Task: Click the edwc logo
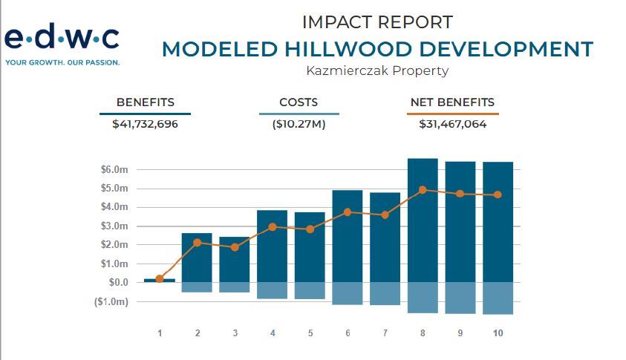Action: (62, 38)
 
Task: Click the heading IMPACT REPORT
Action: (378, 22)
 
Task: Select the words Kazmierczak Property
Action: (377, 71)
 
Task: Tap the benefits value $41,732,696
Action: (145, 124)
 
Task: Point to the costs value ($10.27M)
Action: (299, 124)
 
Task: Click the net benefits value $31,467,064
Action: (452, 124)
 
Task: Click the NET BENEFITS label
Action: (452, 102)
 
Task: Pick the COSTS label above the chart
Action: (299, 102)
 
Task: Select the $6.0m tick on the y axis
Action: (114, 170)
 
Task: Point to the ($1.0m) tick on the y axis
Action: (112, 302)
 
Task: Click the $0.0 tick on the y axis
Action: (118, 283)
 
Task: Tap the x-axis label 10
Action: (498, 333)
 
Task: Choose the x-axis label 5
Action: (310, 333)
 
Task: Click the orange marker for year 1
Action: (160, 278)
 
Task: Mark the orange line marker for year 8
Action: (423, 190)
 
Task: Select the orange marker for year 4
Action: (273, 227)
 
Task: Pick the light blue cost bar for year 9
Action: (460, 298)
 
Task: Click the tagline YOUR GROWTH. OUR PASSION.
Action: (62, 62)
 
